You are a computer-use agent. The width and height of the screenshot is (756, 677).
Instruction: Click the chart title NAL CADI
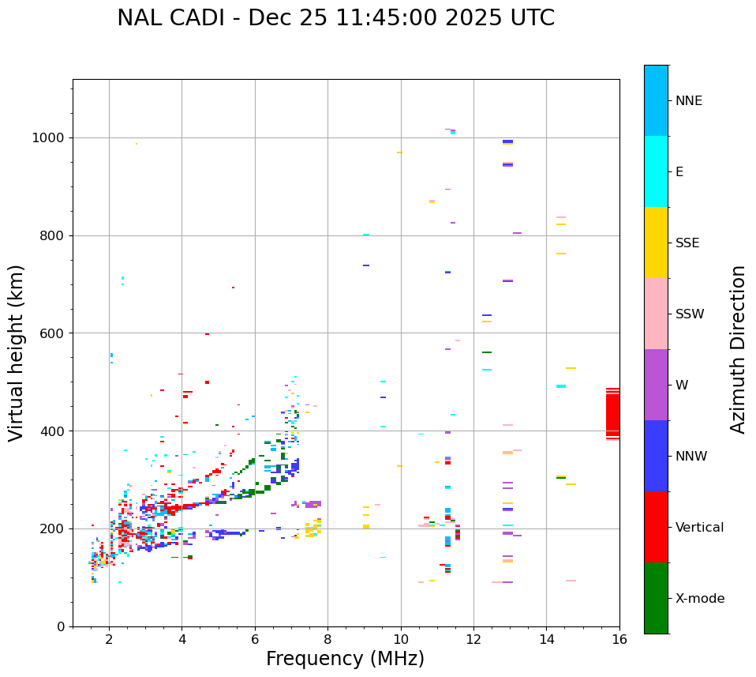point(335,18)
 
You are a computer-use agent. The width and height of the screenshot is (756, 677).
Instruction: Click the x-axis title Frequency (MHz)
point(345,659)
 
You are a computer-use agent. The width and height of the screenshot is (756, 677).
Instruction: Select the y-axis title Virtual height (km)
point(17,352)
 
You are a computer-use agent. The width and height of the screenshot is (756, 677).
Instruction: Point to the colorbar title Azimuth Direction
point(738,349)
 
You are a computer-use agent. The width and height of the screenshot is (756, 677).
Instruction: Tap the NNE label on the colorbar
point(688,101)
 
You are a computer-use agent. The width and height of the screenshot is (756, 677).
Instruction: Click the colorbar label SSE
point(687,243)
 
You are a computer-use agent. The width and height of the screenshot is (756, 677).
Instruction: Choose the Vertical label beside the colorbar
point(699,528)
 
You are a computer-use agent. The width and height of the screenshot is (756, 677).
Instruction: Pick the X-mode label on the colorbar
point(700,599)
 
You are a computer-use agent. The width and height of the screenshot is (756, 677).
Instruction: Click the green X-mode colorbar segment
point(656,598)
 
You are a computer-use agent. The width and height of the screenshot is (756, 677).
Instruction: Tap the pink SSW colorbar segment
point(656,314)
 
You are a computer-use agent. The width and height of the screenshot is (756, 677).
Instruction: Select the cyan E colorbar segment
point(656,171)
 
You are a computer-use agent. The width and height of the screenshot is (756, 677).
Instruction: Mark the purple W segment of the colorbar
point(656,385)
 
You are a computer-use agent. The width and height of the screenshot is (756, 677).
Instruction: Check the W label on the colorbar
point(682,386)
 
